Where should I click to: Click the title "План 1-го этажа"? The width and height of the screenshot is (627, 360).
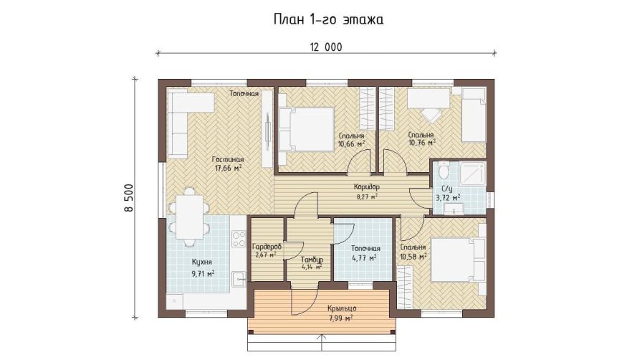[x=328, y=19]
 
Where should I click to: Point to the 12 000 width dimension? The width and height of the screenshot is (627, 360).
[x=326, y=47]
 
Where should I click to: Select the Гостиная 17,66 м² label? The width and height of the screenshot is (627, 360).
[x=228, y=164]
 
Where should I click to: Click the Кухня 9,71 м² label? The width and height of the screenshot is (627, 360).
[x=202, y=267]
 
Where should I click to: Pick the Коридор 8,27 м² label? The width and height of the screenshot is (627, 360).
[x=367, y=191]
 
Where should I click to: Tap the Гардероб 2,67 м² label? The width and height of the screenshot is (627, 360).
[x=267, y=250]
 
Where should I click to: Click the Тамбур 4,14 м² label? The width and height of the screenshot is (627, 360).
[x=312, y=262]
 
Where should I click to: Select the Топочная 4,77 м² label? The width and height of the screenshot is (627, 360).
[x=365, y=253]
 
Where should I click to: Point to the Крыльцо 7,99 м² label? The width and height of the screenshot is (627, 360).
[x=342, y=313]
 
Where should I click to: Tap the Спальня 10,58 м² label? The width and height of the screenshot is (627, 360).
[x=413, y=252]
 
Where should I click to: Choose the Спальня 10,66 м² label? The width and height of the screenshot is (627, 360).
[x=352, y=140]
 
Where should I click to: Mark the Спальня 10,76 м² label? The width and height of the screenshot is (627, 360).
[x=421, y=138]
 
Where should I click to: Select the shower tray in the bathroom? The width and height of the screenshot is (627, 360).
[x=472, y=174]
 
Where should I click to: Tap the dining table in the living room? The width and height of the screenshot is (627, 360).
[x=190, y=217]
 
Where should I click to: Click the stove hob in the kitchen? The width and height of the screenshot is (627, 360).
[x=239, y=239]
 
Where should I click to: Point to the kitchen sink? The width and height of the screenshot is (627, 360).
[x=239, y=279]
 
